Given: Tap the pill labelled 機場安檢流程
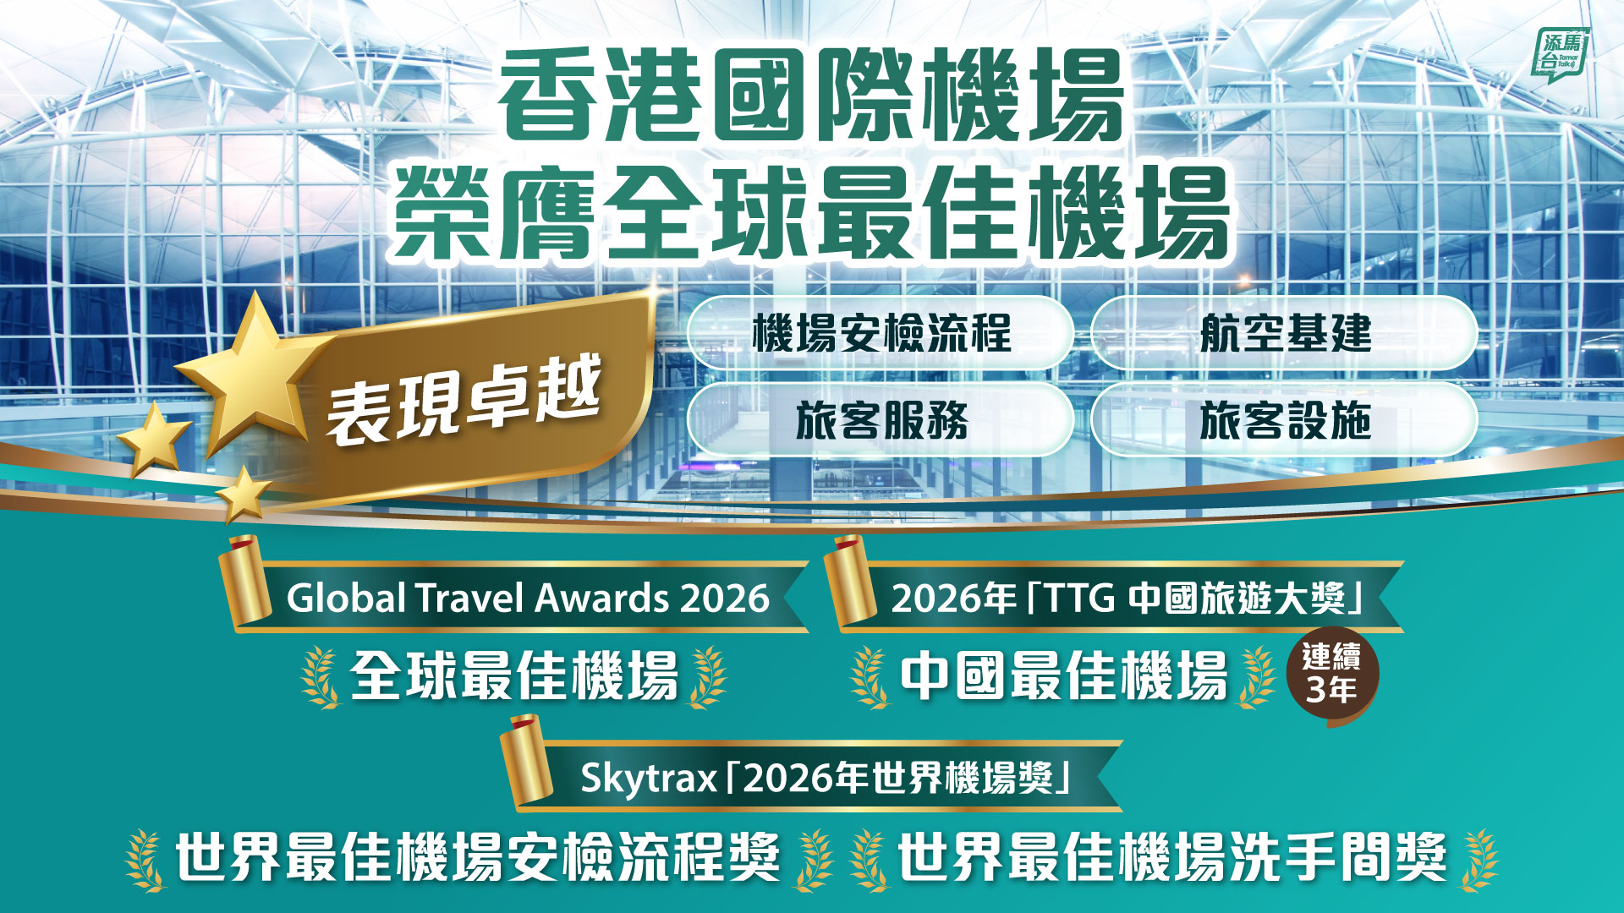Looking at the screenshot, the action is point(881,333).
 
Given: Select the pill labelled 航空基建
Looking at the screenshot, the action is point(1285,333).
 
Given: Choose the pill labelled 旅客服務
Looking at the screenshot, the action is point(881,420).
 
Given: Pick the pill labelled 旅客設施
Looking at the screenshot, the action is point(1285,420).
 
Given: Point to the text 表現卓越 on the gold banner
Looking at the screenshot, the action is point(464,399).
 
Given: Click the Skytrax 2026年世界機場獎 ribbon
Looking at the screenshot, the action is point(812,775).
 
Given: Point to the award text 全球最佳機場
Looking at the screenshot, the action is point(514,676).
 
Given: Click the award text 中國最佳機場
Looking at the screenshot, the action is point(1063,676).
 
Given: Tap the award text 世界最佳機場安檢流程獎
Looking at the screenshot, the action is point(478,857).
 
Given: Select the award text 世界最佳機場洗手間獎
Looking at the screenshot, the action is point(1172,857).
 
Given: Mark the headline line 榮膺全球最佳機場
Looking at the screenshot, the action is point(810,212).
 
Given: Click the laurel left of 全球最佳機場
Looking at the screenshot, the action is point(321,677).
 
